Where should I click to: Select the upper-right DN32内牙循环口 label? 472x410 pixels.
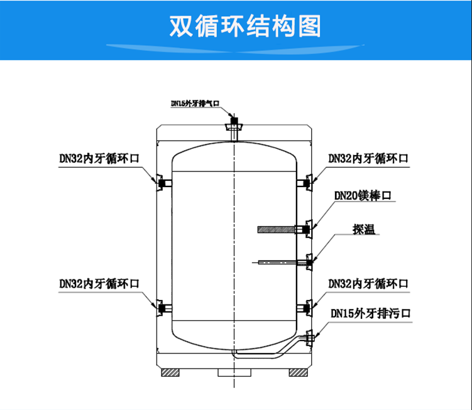(368, 159)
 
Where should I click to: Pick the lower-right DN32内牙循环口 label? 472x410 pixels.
(368, 283)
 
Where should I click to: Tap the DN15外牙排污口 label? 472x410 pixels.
(371, 313)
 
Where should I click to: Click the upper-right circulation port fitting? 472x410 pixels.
(307, 183)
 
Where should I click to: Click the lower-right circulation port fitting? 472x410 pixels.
(307, 307)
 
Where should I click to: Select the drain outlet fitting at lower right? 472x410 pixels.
(309, 338)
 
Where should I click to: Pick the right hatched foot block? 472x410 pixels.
(298, 372)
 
